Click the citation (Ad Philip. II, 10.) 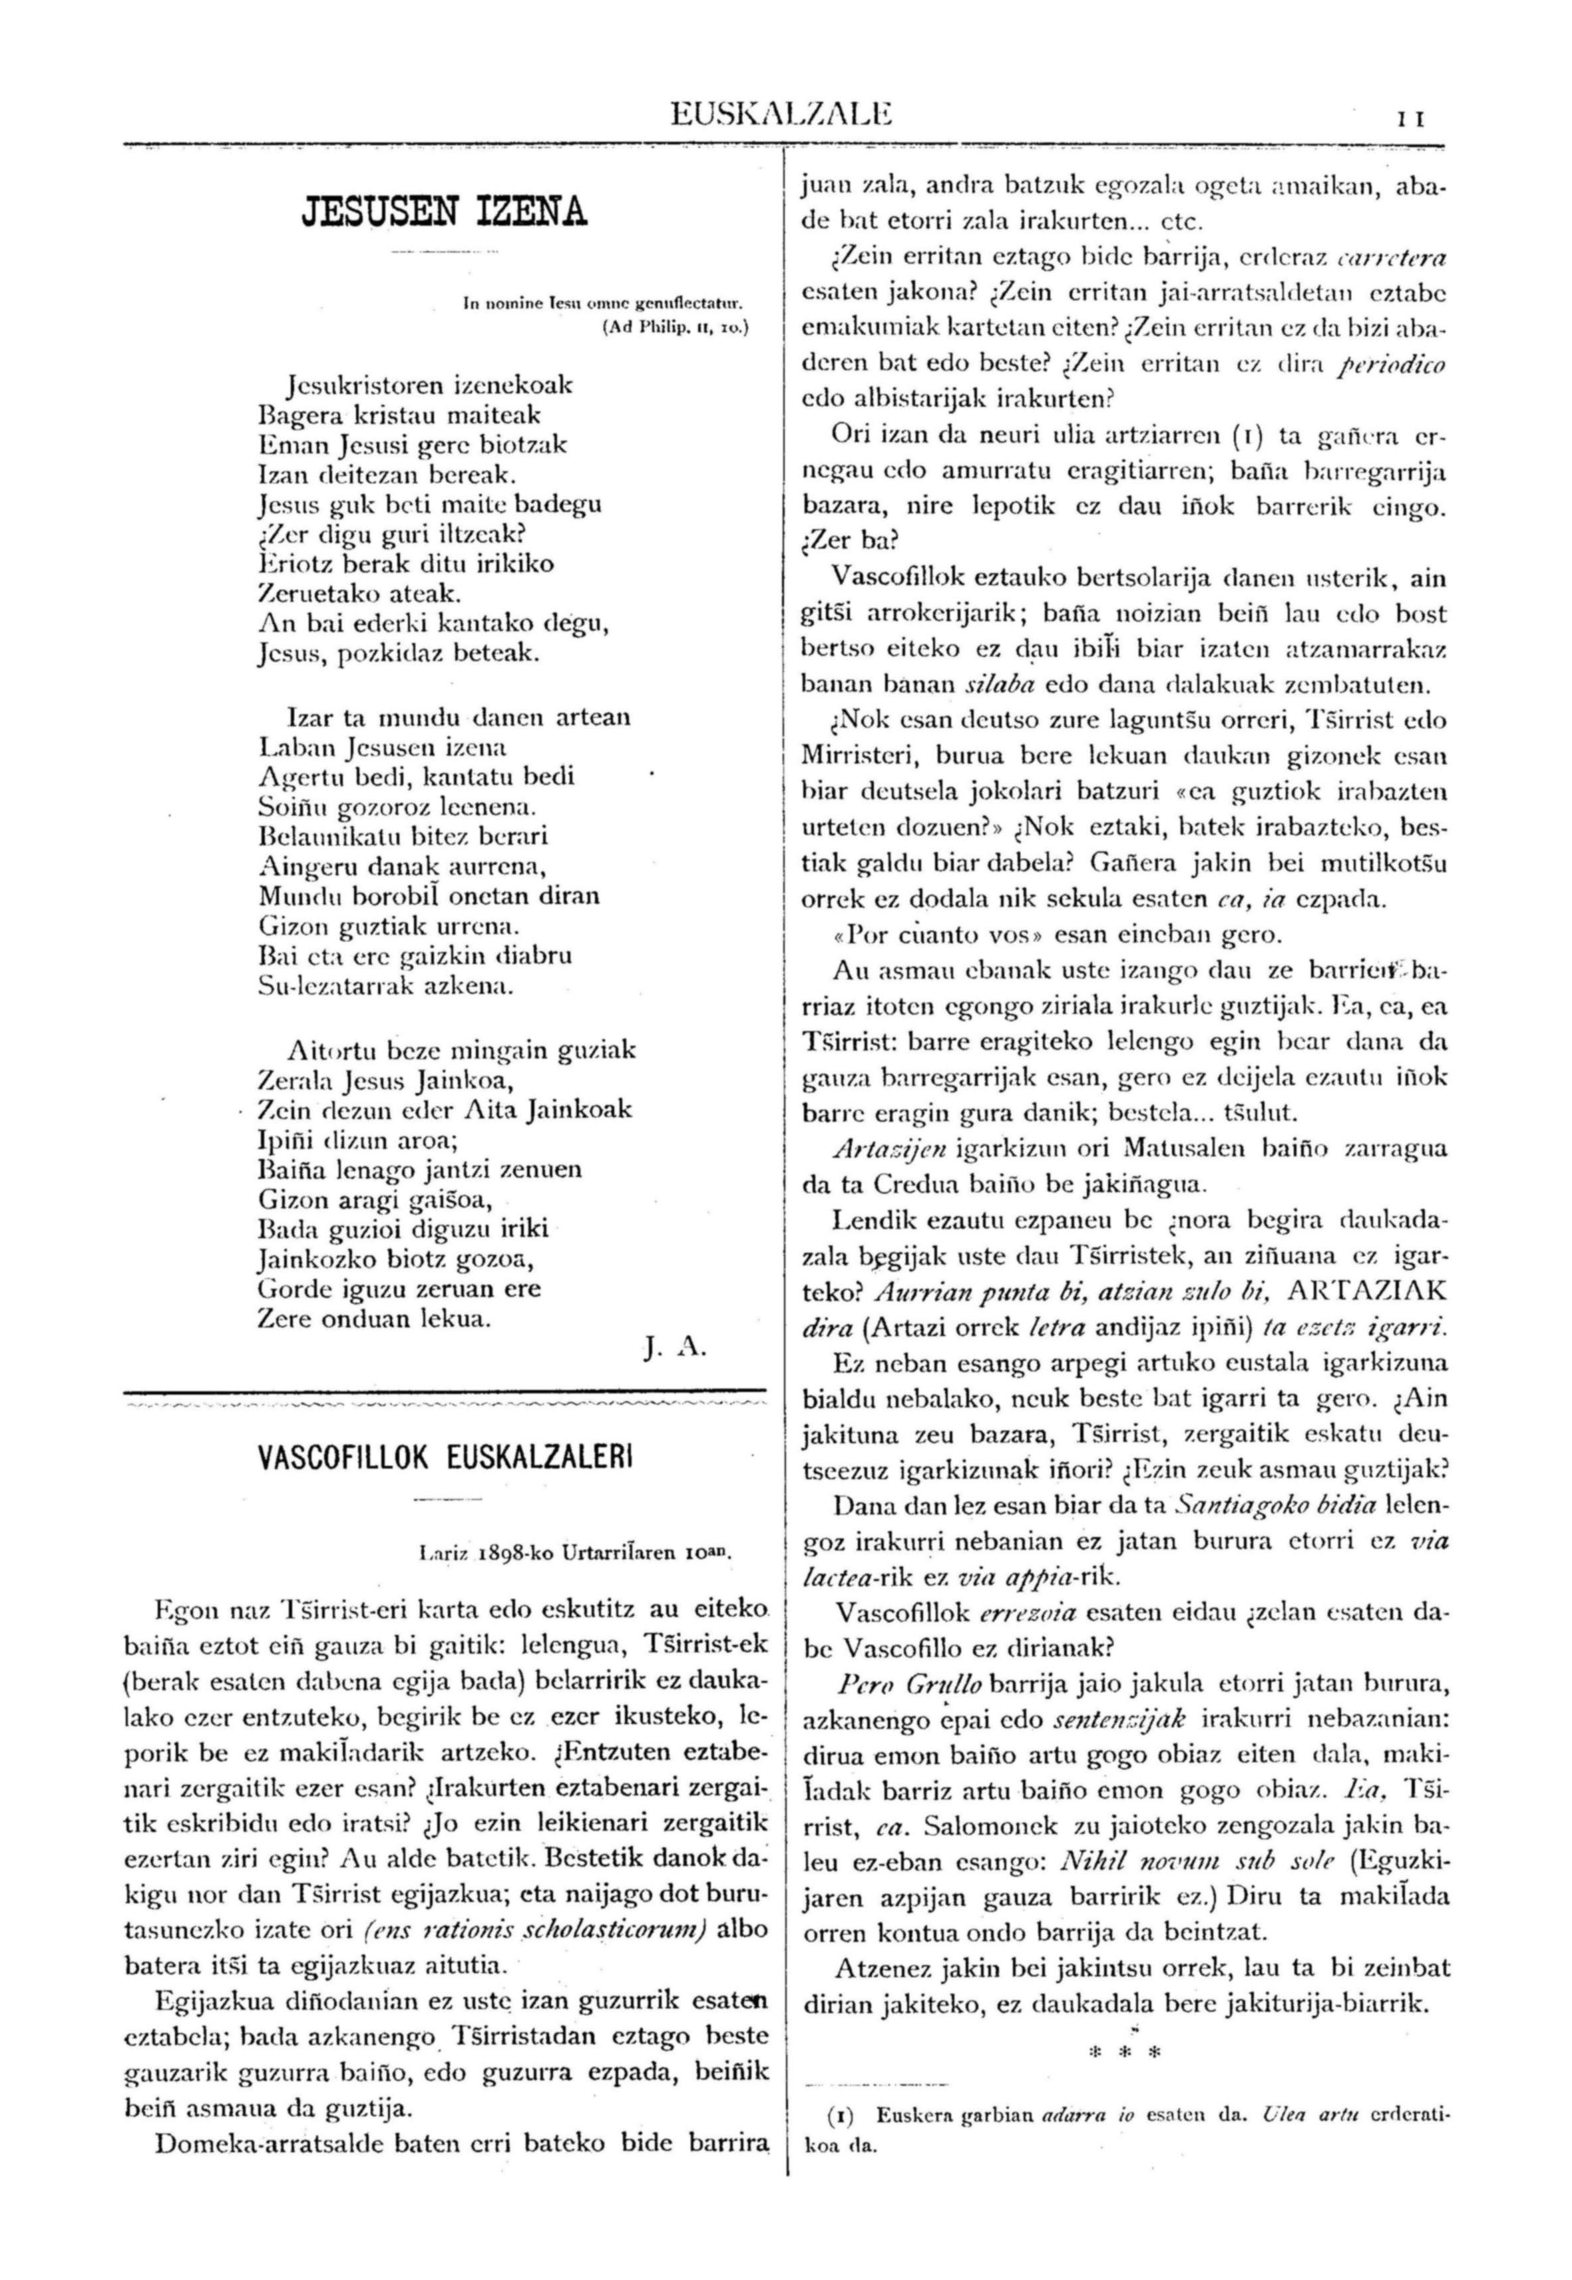click(675, 331)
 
